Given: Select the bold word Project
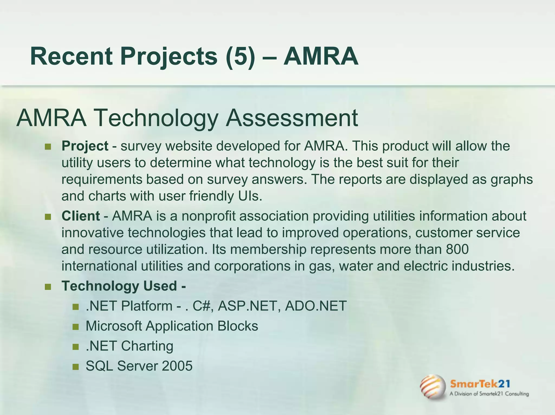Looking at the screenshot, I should (85, 146).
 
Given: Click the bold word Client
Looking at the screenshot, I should (81, 216).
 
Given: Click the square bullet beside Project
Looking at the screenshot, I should (48, 147).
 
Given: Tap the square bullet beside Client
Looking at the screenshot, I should (48, 217).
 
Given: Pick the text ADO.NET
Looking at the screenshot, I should (316, 306).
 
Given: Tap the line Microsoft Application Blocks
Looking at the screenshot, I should (172, 326).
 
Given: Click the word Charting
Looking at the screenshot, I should (147, 346).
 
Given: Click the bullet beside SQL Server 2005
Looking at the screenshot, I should (76, 367).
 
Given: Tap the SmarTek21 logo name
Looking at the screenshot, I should (480, 384).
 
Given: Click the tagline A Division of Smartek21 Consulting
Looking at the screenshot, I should (489, 394).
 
